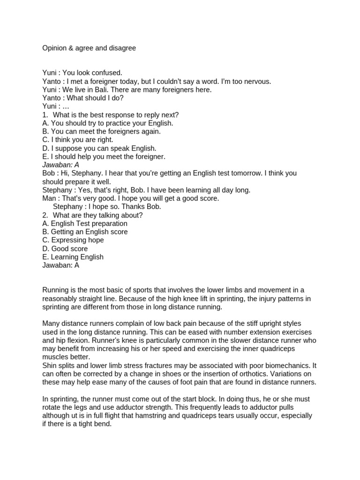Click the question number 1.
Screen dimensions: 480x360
(x=45, y=115)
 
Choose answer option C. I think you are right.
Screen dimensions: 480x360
(x=78, y=140)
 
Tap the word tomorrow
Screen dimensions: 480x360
(x=242, y=173)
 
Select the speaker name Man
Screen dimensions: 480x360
(x=49, y=198)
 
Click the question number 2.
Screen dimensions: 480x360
(x=45, y=215)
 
